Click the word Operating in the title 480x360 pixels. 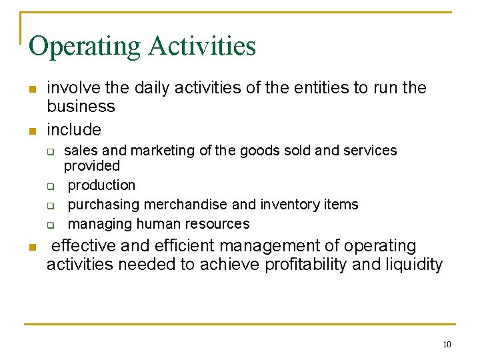[85, 47]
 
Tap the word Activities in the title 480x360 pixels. [202, 45]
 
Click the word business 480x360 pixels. [81, 107]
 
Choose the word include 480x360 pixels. [73, 129]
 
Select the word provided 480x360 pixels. [91, 166]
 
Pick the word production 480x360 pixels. [101, 185]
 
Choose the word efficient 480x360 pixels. [179, 247]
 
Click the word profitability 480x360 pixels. [306, 265]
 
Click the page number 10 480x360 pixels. [447, 345]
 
